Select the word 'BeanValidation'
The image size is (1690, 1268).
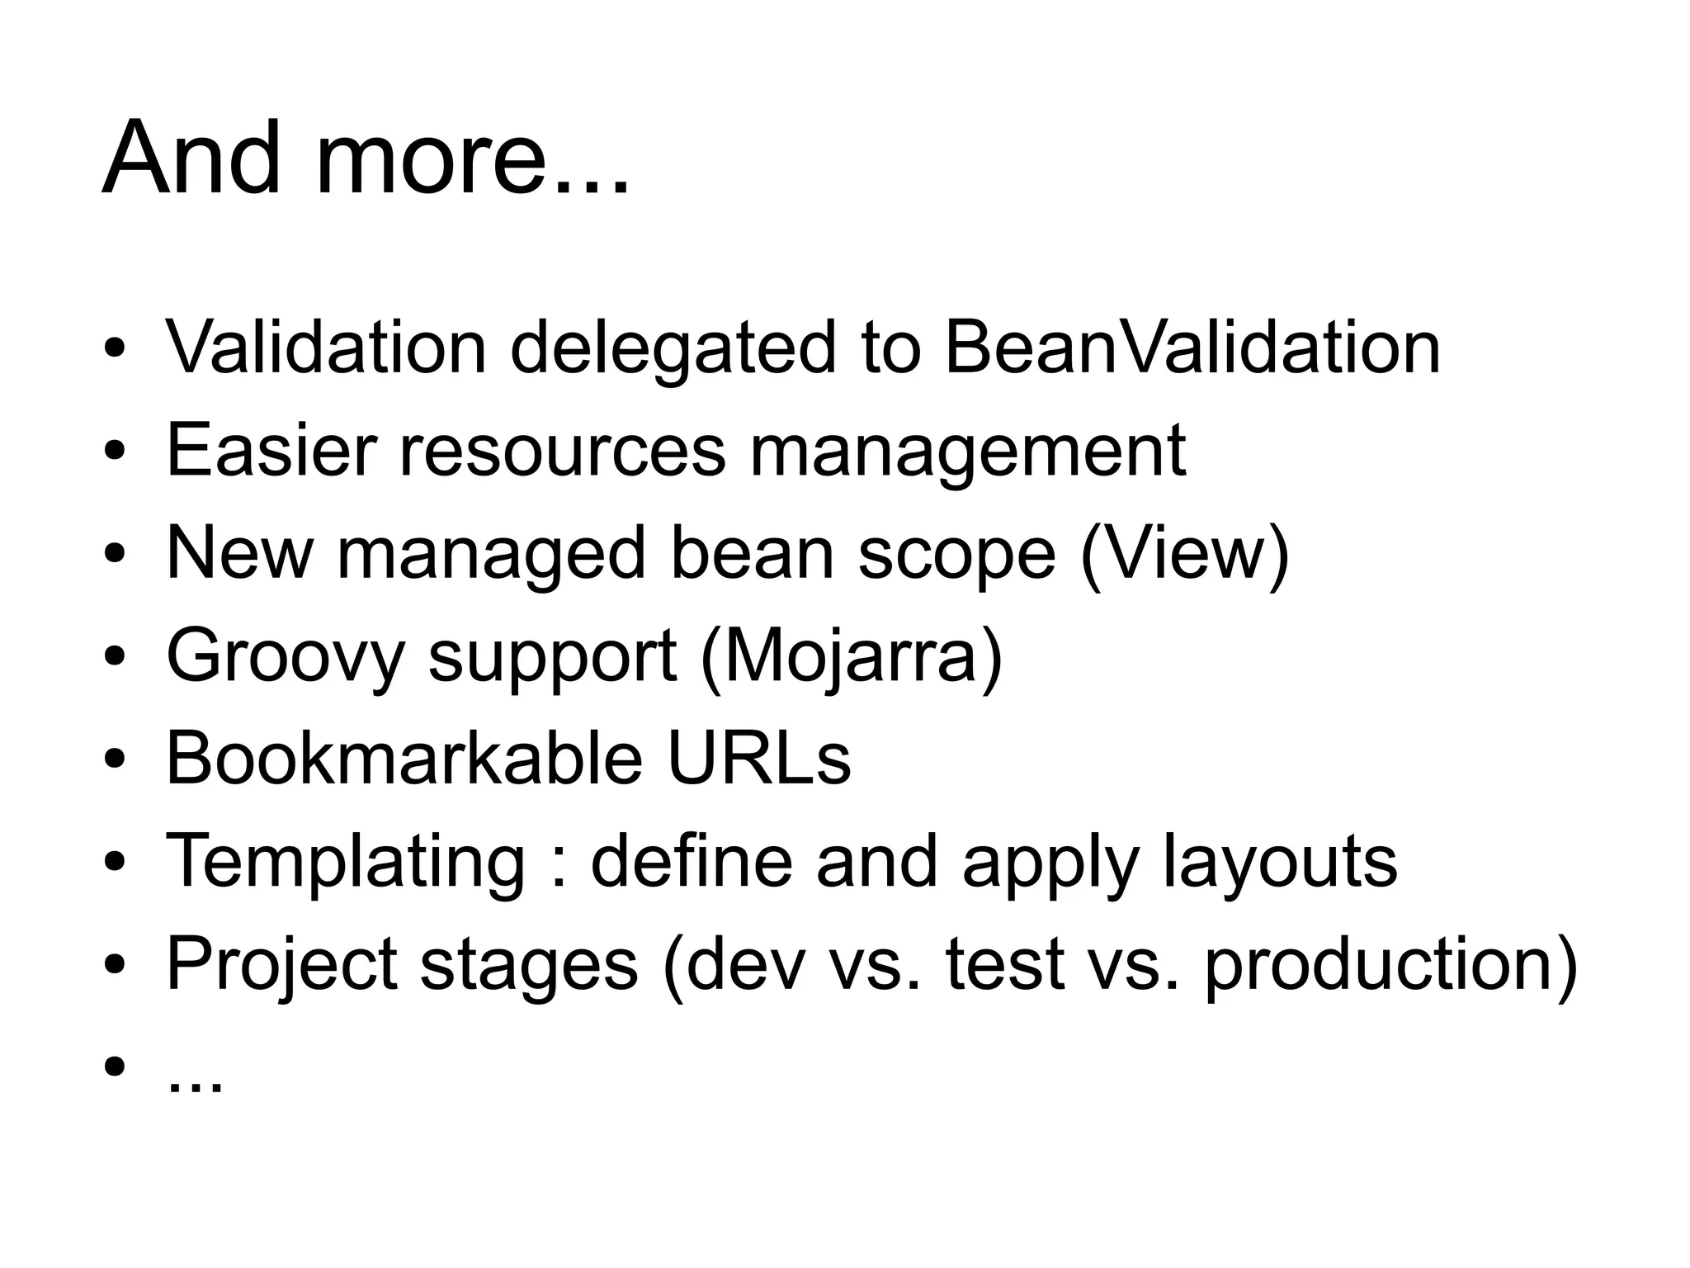pos(1192,348)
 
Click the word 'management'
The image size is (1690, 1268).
pos(967,450)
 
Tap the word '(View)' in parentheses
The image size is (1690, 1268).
pos(1184,552)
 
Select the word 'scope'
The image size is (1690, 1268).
pos(956,552)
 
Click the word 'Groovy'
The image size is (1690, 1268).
pos(286,655)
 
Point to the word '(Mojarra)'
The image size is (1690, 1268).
pos(851,655)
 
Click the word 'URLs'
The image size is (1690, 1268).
pos(758,758)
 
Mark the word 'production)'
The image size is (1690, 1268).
pos(1390,963)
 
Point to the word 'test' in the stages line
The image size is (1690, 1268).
pos(1003,963)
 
